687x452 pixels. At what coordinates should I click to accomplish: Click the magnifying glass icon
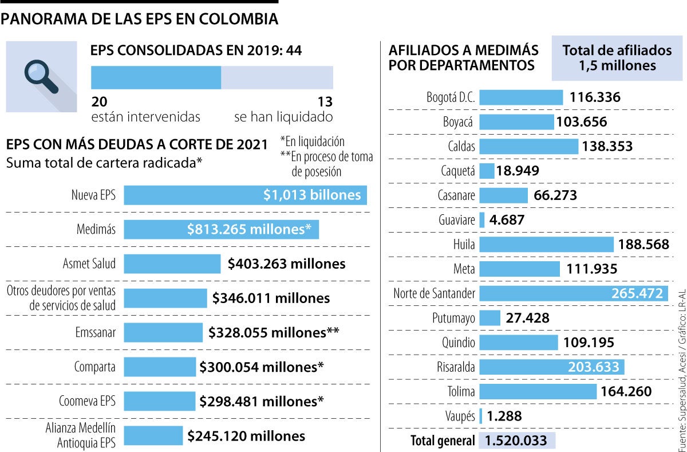click(41, 76)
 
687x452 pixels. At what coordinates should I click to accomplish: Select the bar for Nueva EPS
click(245, 195)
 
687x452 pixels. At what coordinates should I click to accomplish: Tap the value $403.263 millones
click(286, 264)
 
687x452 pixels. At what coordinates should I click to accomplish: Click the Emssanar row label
click(95, 333)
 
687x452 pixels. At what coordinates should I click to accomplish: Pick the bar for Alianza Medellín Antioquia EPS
click(153, 436)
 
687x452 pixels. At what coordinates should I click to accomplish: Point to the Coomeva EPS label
click(87, 401)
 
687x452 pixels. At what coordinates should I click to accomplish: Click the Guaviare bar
click(482, 219)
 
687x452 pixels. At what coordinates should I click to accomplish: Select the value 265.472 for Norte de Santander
click(635, 293)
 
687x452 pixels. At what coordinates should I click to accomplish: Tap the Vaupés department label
click(460, 416)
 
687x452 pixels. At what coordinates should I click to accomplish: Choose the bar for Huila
click(546, 245)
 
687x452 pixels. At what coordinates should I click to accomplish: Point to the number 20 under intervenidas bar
click(99, 102)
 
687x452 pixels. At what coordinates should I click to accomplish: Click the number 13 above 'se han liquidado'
click(325, 102)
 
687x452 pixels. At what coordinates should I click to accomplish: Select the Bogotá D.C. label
click(451, 97)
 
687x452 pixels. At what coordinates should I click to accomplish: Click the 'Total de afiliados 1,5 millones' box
click(617, 58)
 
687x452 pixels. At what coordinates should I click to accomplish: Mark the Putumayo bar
click(489, 318)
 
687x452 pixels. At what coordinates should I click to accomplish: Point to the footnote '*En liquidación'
click(313, 142)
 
